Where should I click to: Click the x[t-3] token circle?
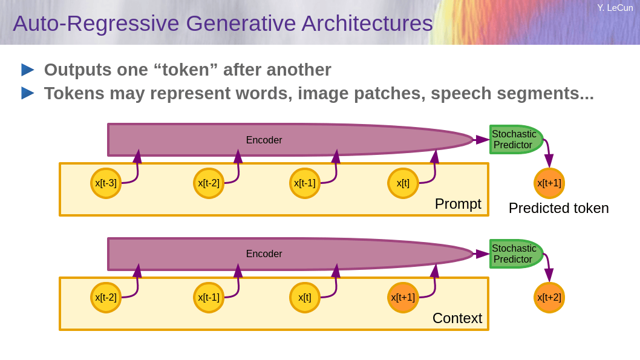click(x=106, y=183)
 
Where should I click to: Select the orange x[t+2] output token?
click(x=549, y=298)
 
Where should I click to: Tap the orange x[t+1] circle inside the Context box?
click(x=403, y=298)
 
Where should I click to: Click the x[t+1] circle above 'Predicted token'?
click(x=549, y=183)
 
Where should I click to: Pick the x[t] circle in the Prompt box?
click(x=403, y=183)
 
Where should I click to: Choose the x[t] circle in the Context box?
click(x=304, y=298)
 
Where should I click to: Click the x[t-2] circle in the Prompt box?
click(x=209, y=183)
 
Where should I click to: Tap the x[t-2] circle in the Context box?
click(x=106, y=298)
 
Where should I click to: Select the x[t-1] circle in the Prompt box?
click(x=304, y=183)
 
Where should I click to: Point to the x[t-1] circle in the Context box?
click(x=209, y=298)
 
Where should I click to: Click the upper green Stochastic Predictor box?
click(x=516, y=140)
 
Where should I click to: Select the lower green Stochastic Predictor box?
click(x=516, y=254)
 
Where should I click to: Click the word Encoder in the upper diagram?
click(x=264, y=140)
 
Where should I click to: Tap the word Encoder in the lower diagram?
click(x=264, y=254)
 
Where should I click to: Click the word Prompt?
click(x=458, y=204)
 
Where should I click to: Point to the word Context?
click(x=457, y=318)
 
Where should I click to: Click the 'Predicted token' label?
click(x=559, y=208)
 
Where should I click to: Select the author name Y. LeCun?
click(x=615, y=8)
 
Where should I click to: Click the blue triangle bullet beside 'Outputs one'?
click(x=28, y=70)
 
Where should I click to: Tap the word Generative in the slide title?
click(x=241, y=23)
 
